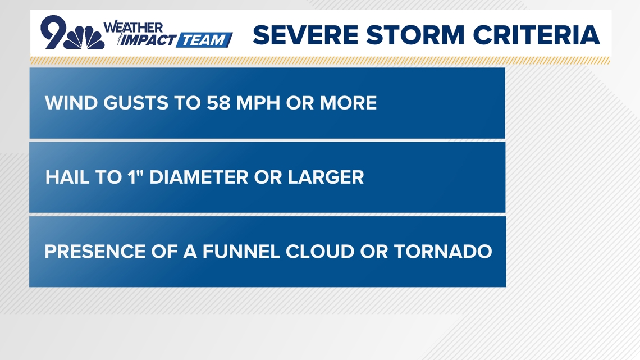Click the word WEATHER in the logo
point(133,27)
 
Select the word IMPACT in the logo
point(148,40)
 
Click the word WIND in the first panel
point(66,103)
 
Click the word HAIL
point(66,177)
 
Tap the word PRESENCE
point(95,252)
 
